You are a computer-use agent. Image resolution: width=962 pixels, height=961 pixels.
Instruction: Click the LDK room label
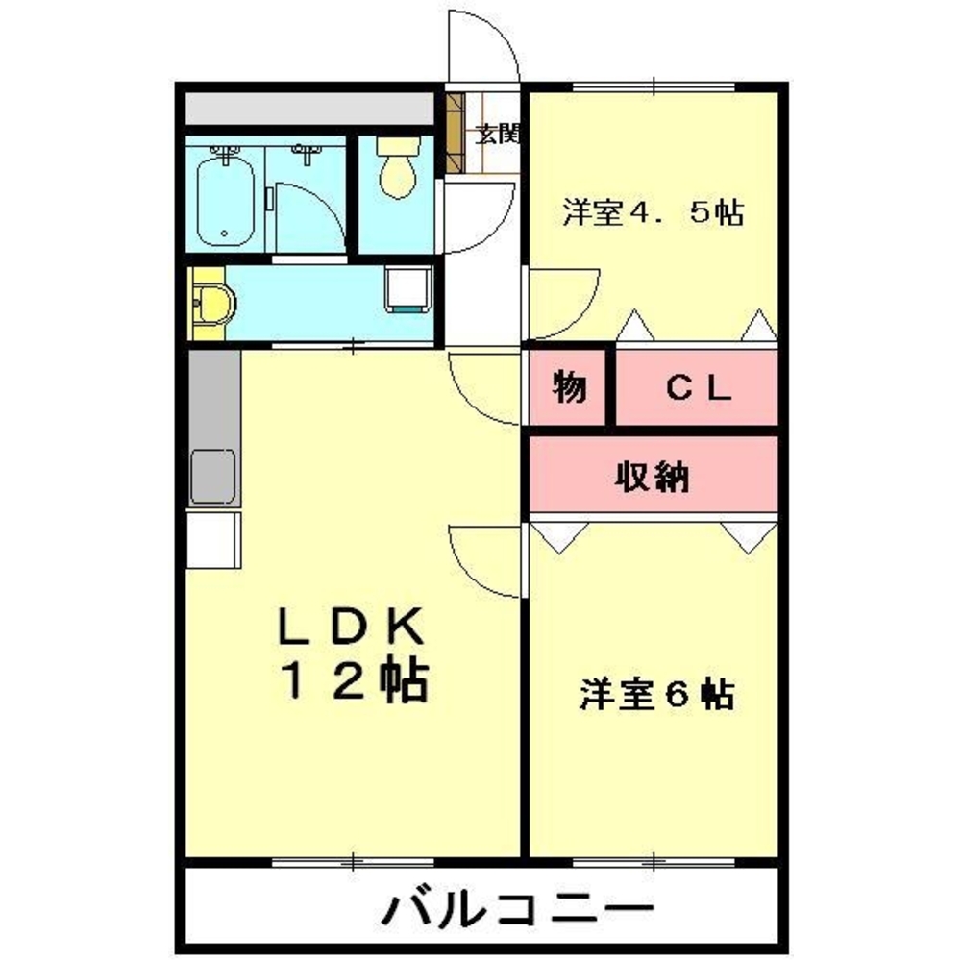(352, 629)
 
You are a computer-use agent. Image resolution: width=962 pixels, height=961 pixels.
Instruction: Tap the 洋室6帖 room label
(657, 694)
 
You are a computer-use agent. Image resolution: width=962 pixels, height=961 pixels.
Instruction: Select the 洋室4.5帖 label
(654, 212)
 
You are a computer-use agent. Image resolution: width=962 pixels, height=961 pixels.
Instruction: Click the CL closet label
(700, 388)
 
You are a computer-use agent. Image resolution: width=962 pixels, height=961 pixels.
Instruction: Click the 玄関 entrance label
(498, 135)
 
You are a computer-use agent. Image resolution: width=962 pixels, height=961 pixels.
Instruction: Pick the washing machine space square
(408, 288)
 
